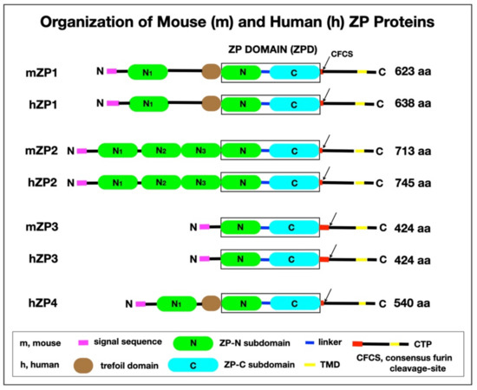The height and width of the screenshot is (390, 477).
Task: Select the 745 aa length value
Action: coord(413,183)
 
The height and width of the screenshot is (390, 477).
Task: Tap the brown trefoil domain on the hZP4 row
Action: coord(208,303)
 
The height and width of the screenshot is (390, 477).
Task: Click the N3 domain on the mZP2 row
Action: coord(201,150)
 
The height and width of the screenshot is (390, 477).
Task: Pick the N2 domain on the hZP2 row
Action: coord(160,183)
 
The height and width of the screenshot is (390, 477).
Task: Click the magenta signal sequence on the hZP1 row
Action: coord(112,103)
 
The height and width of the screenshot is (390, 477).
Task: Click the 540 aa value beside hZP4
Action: coord(413,303)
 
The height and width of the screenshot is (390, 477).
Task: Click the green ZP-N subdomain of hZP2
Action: coord(243,183)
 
